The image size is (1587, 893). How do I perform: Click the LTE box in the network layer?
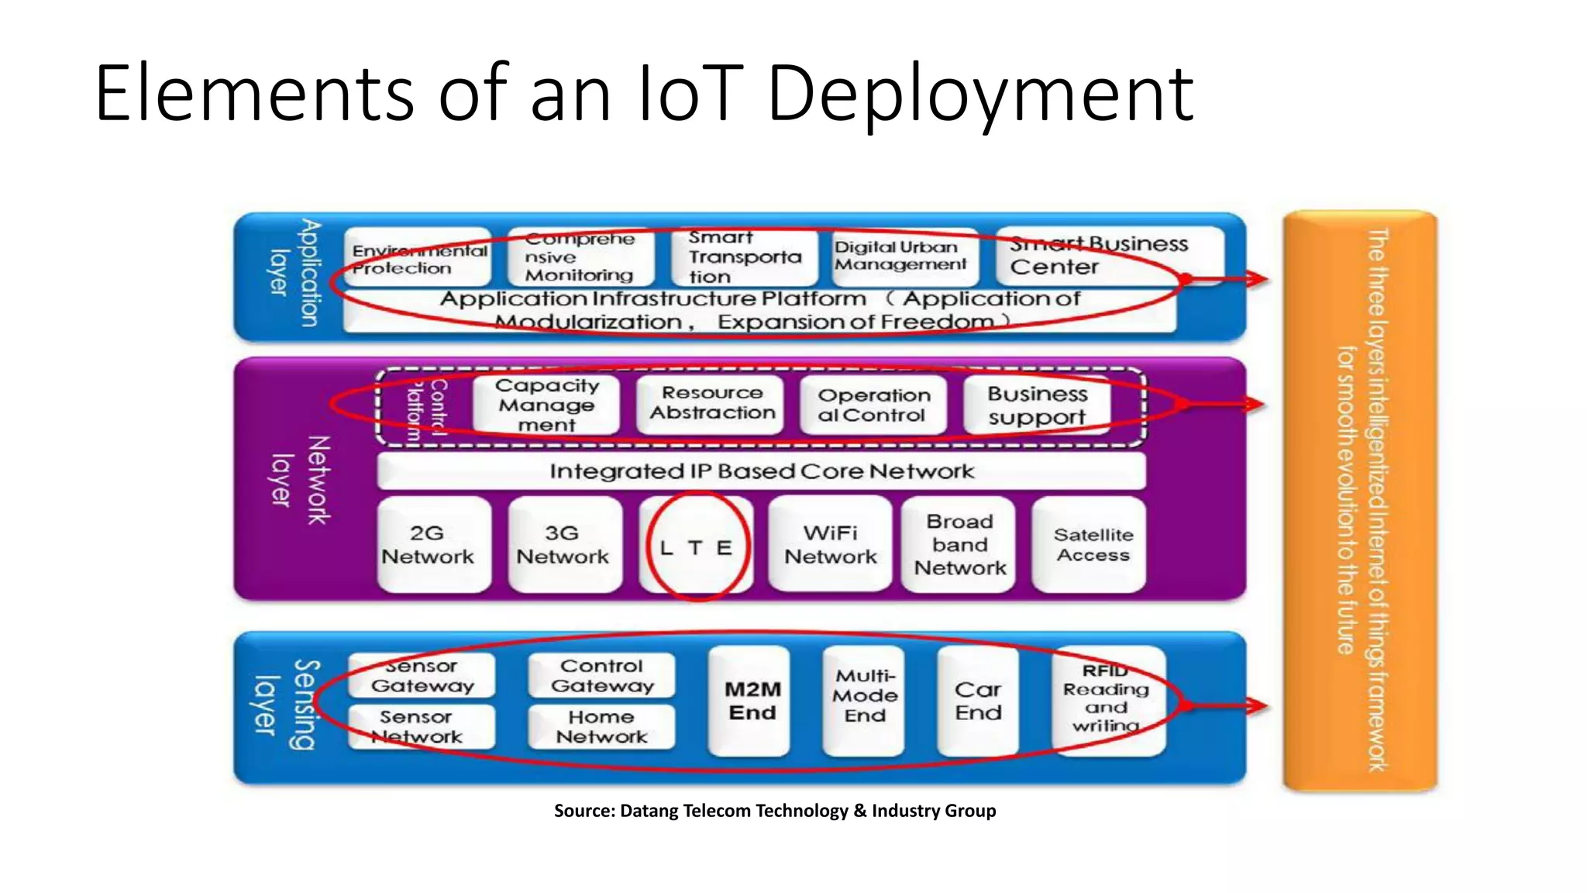(695, 546)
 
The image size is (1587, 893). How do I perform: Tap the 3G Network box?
(564, 545)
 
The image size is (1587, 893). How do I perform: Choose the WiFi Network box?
(830, 545)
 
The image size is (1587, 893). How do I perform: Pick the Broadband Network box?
(959, 545)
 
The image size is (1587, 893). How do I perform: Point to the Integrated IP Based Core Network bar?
(761, 471)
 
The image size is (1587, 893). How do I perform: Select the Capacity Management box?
(546, 405)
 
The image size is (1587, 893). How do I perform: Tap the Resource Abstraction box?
(711, 403)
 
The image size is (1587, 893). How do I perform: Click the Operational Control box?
(873, 405)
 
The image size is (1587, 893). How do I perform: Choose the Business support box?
(1037, 405)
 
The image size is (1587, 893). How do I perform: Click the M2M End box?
(750, 701)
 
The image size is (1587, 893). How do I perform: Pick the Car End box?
(977, 701)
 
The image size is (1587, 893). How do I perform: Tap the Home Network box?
(601, 727)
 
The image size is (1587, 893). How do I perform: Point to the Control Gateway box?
(601, 675)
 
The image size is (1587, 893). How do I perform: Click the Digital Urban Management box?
(900, 256)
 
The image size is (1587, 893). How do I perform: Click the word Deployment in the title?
(980, 95)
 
